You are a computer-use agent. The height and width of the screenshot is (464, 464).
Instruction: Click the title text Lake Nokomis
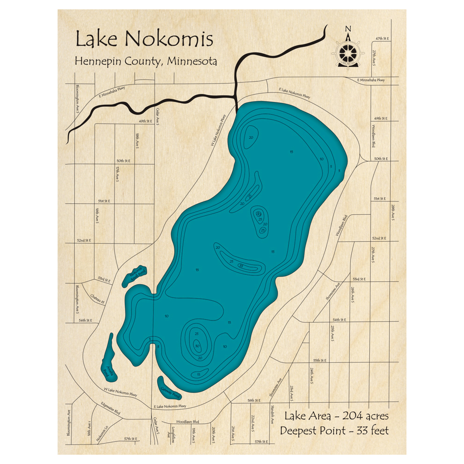point(144,39)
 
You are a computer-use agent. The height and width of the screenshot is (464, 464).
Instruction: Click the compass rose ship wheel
point(348,51)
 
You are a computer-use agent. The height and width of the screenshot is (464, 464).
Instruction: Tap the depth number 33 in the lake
point(241,266)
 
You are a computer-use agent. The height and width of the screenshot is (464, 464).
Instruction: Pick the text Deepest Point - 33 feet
point(334,430)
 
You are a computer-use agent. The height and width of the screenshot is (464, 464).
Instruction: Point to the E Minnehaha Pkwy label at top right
point(371,80)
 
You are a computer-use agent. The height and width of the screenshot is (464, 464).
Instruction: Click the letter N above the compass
point(348,29)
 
